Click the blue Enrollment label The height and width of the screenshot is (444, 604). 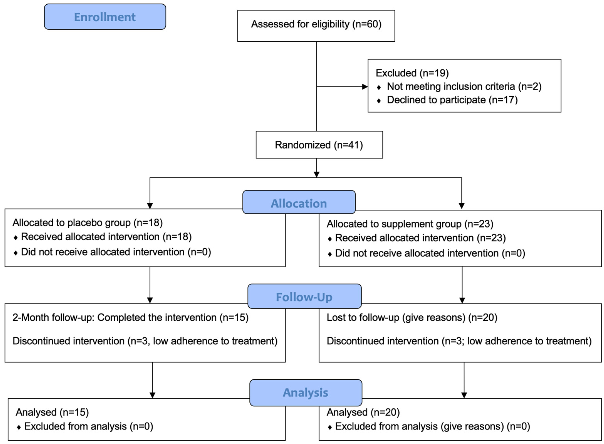pos(105,17)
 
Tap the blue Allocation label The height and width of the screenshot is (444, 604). pos(299,203)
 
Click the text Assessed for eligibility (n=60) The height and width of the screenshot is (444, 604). pos(316,24)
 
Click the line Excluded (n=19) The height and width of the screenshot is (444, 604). pos(412,73)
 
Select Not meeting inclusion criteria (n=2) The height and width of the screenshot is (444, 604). pos(464,87)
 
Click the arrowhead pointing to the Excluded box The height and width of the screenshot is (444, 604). pos(365,87)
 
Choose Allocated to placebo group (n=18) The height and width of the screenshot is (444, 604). pos(88,223)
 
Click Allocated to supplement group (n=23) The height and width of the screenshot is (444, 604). pos(410,224)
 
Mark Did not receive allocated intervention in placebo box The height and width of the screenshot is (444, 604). pos(116,252)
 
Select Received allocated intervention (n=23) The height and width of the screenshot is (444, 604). pos(420,238)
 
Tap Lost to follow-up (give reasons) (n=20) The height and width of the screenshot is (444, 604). pos(412,317)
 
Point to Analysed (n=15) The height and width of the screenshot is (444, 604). pos(52,412)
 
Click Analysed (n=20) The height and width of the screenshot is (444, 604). pos(363,412)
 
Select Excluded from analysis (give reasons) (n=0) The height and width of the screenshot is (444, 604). pos(432,426)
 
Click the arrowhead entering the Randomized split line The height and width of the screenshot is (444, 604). pos(316,175)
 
